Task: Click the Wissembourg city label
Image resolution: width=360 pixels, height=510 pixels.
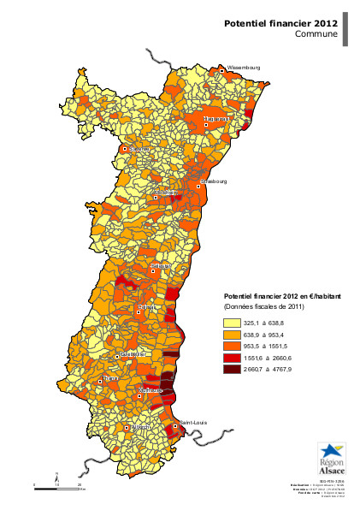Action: (x=244, y=66)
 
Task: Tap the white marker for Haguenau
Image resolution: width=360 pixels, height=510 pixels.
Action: (x=206, y=125)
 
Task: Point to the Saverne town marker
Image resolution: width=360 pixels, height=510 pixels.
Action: (x=125, y=149)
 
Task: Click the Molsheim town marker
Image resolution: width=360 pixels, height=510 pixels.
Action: (x=156, y=198)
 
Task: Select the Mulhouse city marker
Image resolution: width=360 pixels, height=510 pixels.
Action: (x=140, y=396)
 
